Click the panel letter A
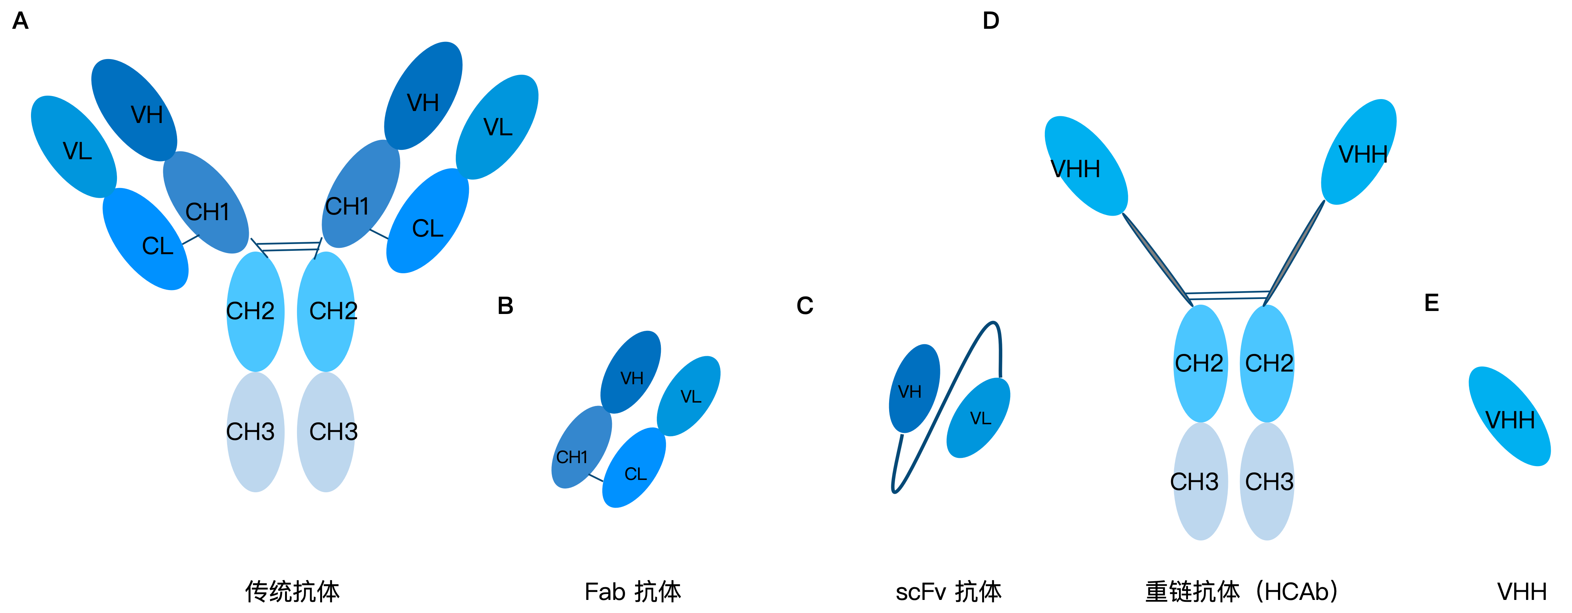point(20,21)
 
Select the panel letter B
point(505,306)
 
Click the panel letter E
point(1432,303)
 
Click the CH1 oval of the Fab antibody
point(582,447)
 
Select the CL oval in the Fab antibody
point(634,467)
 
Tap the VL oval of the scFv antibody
point(978,418)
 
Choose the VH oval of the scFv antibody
point(914,388)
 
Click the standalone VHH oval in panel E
point(1509,416)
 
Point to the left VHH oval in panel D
point(1086,166)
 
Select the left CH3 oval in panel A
point(255,432)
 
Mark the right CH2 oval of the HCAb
point(1267,363)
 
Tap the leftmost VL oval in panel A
point(74,147)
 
